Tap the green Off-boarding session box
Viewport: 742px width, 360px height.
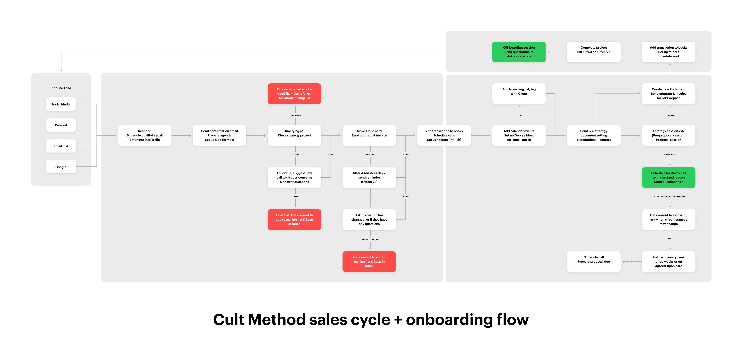pyautogui.click(x=519, y=52)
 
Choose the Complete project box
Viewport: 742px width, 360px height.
pyautogui.click(x=594, y=52)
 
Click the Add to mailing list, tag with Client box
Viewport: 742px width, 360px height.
pyautogui.click(x=519, y=94)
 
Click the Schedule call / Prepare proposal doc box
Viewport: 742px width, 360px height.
pyautogui.click(x=594, y=261)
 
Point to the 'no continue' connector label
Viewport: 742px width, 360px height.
pyautogui.click(x=670, y=155)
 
